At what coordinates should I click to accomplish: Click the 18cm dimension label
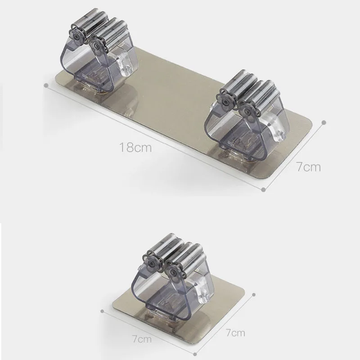click(135, 148)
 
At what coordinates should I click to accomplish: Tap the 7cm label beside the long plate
click(308, 166)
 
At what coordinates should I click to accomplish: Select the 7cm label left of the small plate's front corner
click(142, 339)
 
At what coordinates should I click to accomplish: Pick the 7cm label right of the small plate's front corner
click(235, 332)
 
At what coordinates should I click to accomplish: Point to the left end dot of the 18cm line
click(46, 85)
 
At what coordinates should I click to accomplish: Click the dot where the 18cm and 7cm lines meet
click(264, 189)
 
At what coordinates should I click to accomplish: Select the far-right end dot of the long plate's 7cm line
click(324, 122)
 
